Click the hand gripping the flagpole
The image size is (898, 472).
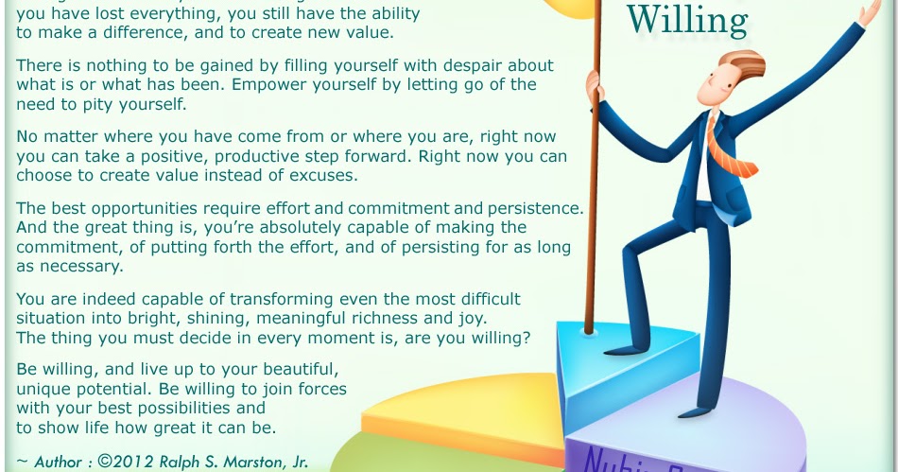(595, 88)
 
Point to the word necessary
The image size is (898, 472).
(83, 266)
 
